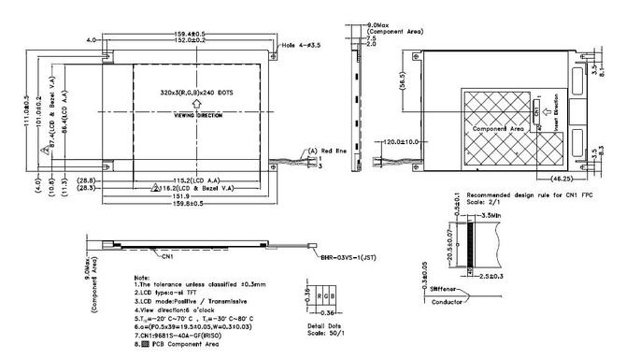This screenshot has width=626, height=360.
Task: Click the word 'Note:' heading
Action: point(143,277)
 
